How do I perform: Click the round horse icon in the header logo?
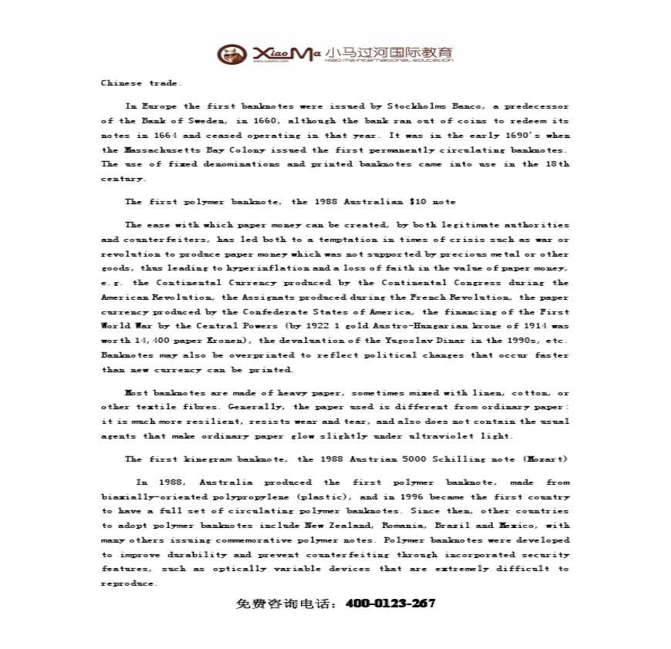point(228,54)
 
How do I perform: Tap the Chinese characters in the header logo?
point(389,53)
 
